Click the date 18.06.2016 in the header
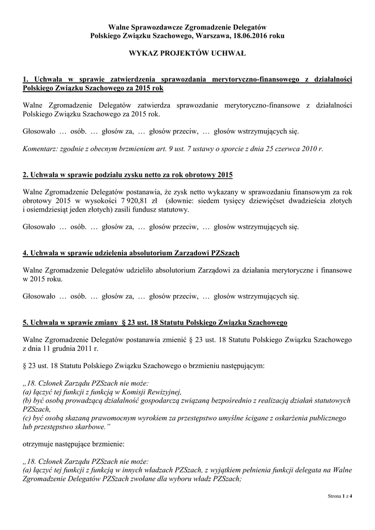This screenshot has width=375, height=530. (251, 35)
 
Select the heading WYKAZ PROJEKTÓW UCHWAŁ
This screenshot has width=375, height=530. (187, 53)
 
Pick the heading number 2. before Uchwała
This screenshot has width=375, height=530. (26, 174)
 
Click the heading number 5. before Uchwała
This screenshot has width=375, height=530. (26, 322)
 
